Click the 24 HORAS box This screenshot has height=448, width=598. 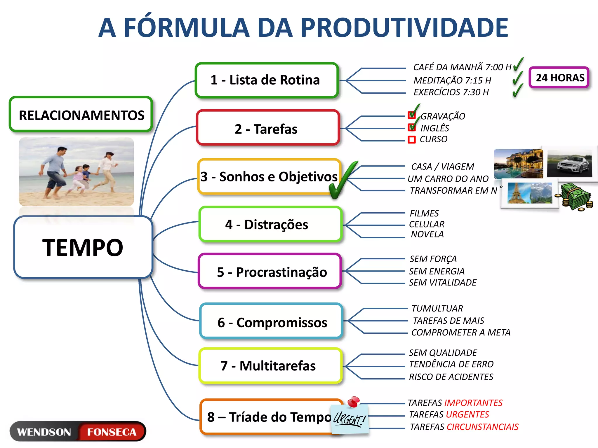click(559, 78)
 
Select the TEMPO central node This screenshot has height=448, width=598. click(83, 247)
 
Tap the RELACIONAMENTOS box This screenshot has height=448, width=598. click(81, 115)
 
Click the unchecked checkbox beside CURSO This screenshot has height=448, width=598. click(412, 140)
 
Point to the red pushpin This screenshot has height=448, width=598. click(354, 401)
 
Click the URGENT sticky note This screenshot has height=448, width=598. click(349, 419)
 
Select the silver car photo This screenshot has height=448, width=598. click(569, 164)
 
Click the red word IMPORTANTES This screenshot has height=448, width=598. click(473, 403)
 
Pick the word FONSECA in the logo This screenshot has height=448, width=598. click(112, 432)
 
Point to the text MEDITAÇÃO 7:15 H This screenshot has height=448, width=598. click(452, 80)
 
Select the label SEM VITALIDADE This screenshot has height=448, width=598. click(442, 283)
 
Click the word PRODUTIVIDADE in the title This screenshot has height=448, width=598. click(404, 28)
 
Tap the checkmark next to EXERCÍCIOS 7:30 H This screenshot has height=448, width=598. click(517, 90)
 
